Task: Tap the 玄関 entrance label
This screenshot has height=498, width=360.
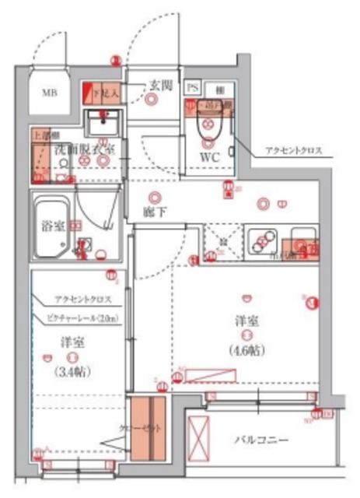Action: pyautogui.click(x=161, y=86)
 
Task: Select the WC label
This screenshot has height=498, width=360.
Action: pyautogui.click(x=209, y=156)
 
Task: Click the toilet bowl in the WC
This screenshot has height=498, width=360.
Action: pyautogui.click(x=208, y=128)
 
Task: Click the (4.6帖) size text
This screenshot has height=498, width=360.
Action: pyautogui.click(x=246, y=349)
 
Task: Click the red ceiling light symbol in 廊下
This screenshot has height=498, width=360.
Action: pyautogui.click(x=156, y=198)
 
